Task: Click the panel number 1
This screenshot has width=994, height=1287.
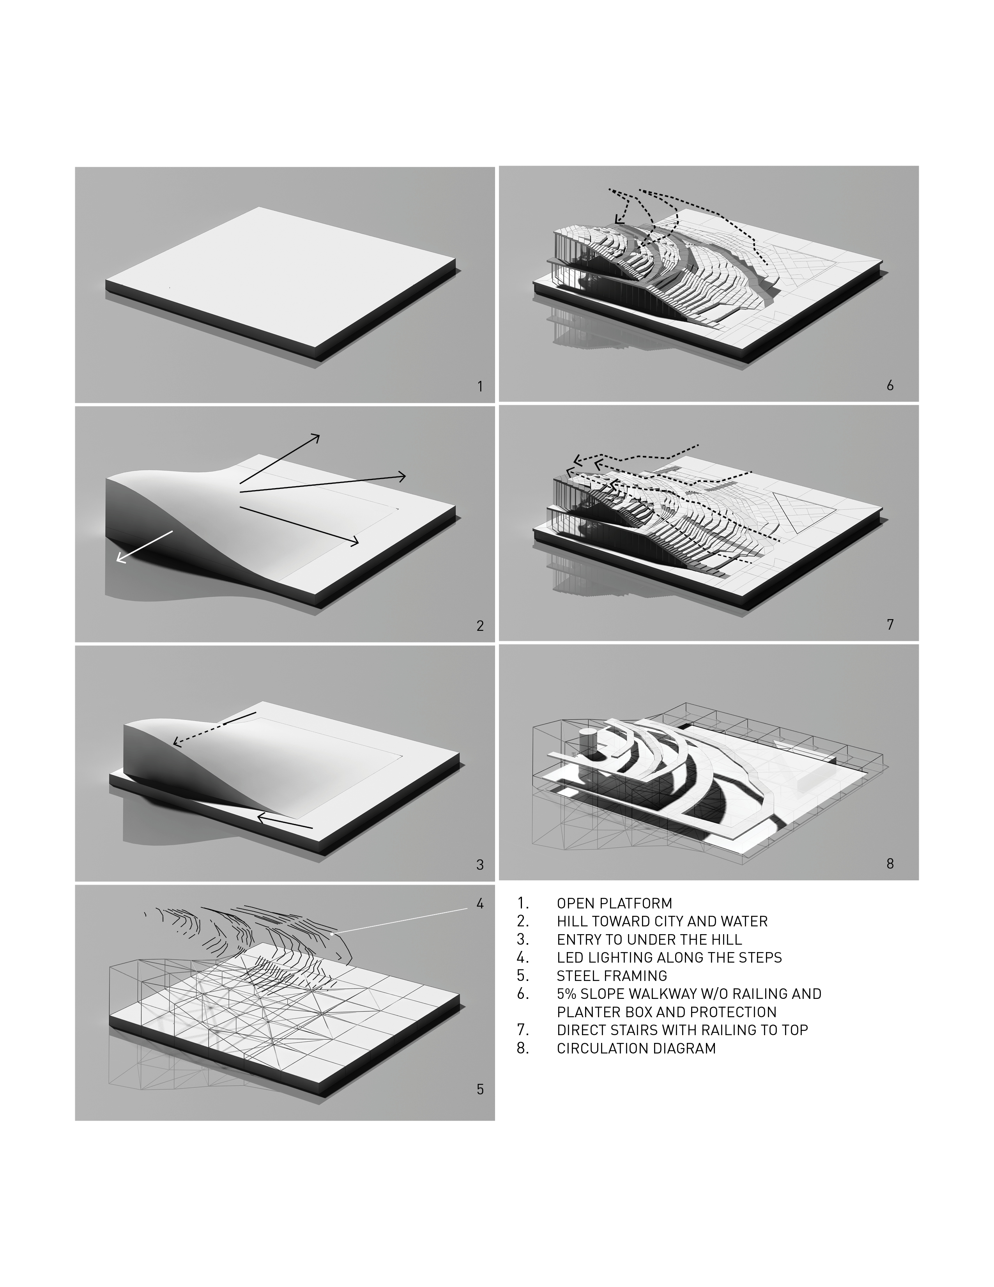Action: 480,387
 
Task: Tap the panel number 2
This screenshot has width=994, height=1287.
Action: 480,625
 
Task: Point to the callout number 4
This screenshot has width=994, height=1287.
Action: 480,903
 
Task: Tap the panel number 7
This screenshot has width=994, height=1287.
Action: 890,624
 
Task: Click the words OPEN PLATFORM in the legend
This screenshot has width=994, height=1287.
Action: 614,903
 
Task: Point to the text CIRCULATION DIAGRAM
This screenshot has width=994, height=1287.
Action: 636,1048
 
